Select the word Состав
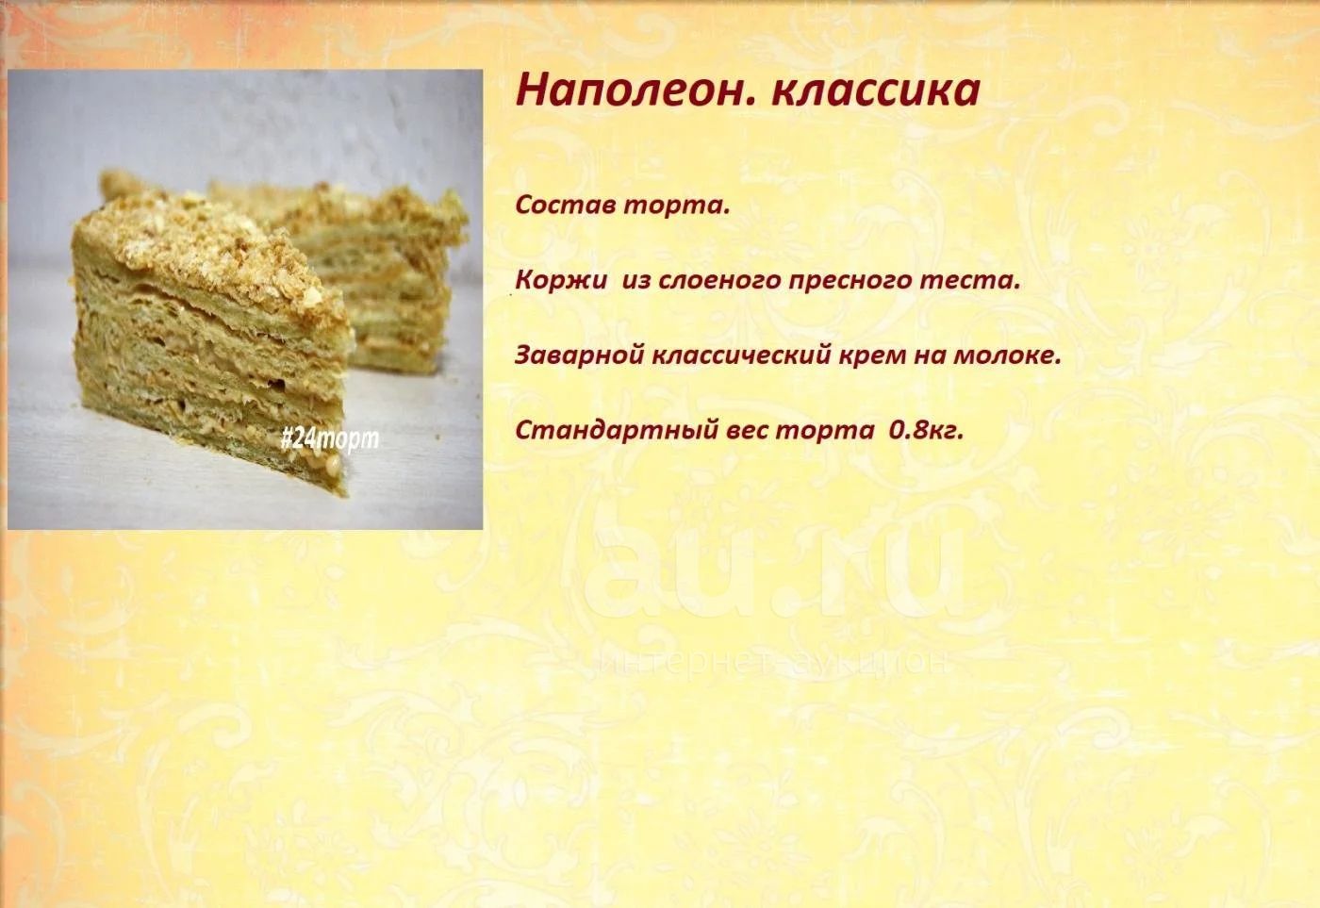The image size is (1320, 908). (565, 205)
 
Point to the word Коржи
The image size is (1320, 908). (560, 280)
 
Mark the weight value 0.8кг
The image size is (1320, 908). (926, 431)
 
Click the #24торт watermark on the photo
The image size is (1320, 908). (329, 439)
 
